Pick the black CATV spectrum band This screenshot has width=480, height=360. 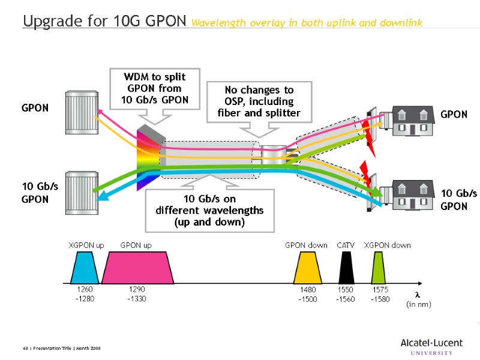[346, 268]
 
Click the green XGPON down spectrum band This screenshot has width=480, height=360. [378, 268]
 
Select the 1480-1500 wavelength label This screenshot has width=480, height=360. [308, 294]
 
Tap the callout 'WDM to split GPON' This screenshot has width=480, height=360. [154, 89]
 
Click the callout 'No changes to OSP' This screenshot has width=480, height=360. [258, 101]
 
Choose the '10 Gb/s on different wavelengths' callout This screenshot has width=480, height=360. [209, 210]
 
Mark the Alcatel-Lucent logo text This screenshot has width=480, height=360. [431, 343]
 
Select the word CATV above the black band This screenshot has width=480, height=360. [346, 245]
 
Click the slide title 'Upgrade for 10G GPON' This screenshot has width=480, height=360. [105, 22]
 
